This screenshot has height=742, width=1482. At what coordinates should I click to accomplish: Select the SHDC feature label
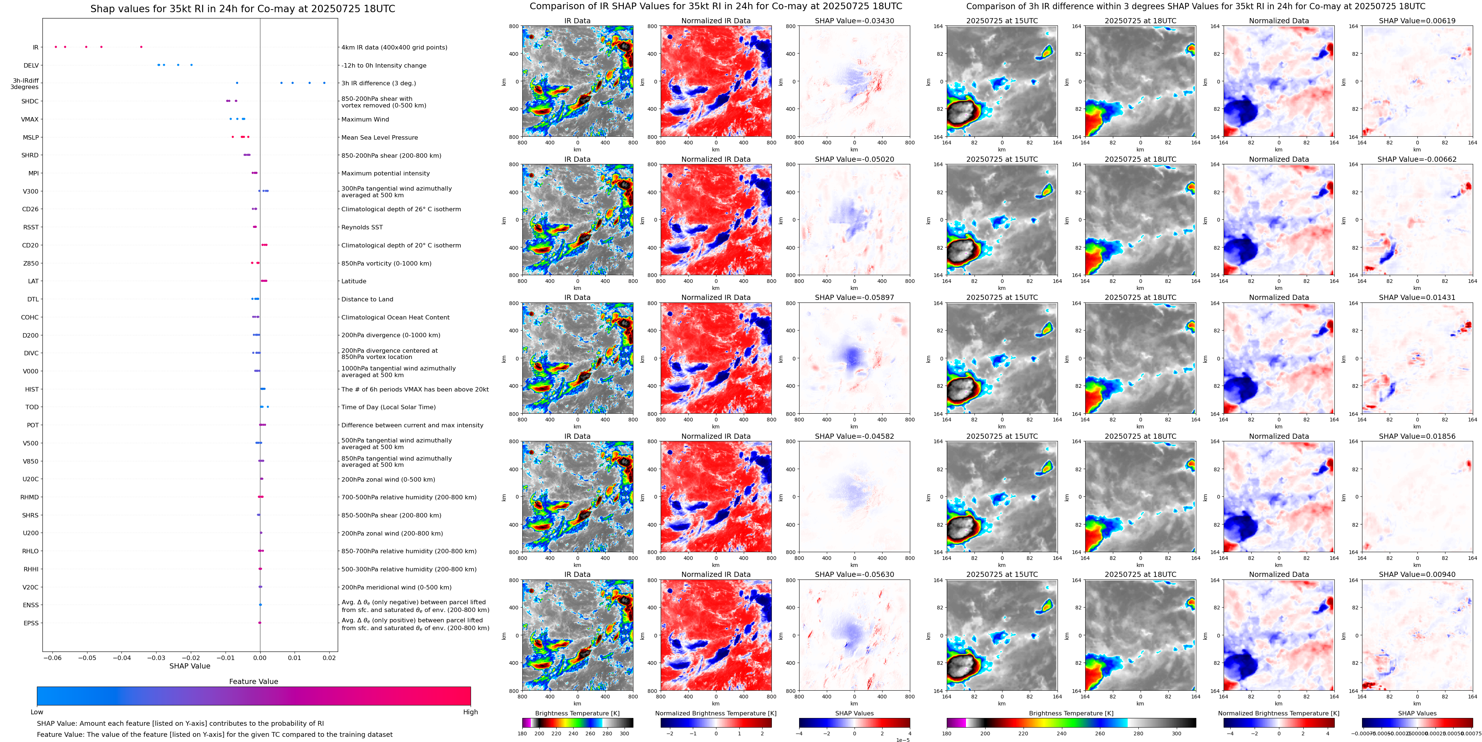[30, 101]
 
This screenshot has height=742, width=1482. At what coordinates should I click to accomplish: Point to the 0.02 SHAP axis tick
[329, 657]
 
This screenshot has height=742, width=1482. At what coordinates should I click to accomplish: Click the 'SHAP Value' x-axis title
[190, 666]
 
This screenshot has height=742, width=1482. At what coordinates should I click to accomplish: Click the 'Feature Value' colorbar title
[253, 681]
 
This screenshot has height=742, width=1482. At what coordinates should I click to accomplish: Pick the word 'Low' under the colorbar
[37, 712]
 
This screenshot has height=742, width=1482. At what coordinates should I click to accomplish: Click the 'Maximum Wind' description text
[365, 120]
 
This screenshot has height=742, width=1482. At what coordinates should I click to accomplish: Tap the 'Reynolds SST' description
[361, 228]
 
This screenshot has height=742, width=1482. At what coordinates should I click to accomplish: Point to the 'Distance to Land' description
[367, 299]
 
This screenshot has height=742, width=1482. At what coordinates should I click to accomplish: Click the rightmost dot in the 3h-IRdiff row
[324, 83]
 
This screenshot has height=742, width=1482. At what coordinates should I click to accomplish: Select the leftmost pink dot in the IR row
[56, 47]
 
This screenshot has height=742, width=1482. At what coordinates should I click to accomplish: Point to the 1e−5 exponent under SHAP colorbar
[902, 740]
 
